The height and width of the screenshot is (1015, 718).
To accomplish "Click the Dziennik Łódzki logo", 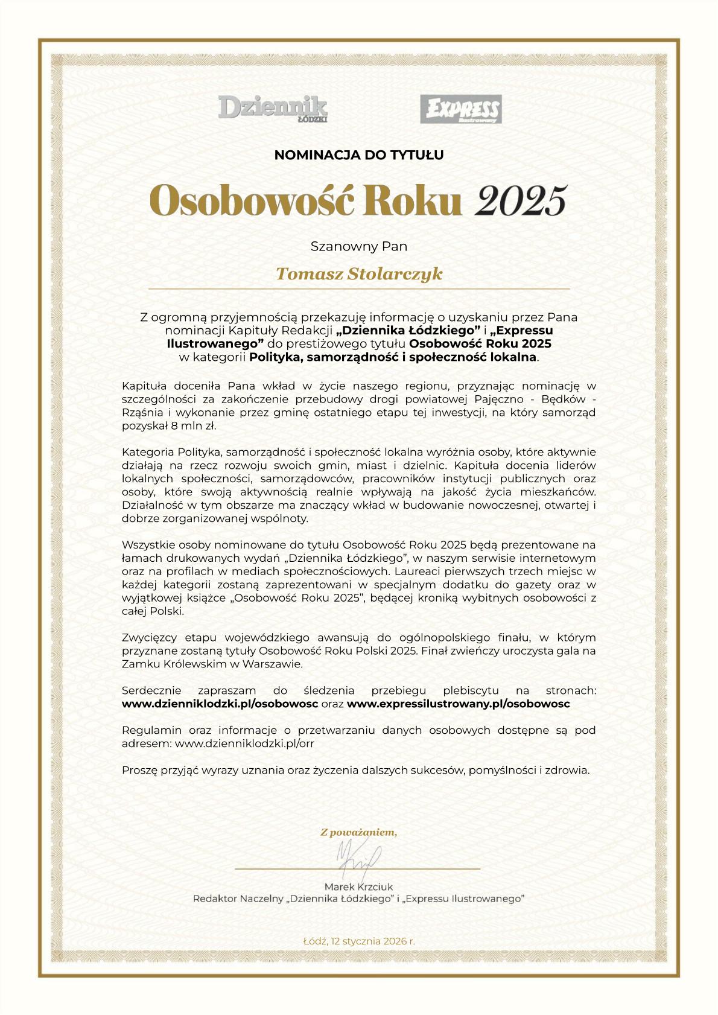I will pyautogui.click(x=273, y=109).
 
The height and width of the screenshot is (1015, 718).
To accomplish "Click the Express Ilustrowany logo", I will pyautogui.click(x=461, y=109).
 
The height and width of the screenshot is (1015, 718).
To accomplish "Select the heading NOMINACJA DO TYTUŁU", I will pyautogui.click(x=359, y=155).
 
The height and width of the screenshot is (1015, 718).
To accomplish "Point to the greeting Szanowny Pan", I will pyautogui.click(x=359, y=246).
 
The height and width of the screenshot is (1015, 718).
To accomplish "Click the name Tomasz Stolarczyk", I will pyautogui.click(x=359, y=274).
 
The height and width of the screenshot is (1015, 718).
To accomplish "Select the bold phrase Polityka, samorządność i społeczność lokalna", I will pyautogui.click(x=393, y=357).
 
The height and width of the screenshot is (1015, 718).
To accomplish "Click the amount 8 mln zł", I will pyautogui.click(x=194, y=425).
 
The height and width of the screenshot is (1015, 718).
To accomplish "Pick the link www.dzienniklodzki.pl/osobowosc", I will pyautogui.click(x=220, y=704).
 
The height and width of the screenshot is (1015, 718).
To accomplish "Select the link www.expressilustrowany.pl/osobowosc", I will pyautogui.click(x=459, y=704).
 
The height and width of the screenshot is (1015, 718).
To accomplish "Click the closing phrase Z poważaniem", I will pyautogui.click(x=359, y=833).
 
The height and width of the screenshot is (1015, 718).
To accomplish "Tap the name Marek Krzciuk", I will pyautogui.click(x=358, y=886).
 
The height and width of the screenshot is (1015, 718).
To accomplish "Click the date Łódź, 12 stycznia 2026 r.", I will pyautogui.click(x=359, y=941).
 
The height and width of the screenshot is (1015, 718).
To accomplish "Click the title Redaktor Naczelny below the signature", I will pyautogui.click(x=238, y=899).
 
